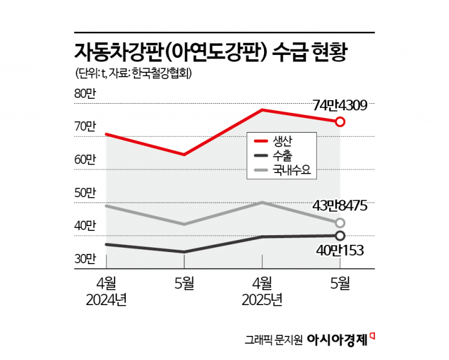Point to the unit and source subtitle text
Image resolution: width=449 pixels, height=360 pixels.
(x=137, y=74)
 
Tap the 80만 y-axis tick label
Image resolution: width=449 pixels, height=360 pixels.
(x=85, y=94)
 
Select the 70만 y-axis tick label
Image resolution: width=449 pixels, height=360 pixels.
(x=85, y=127)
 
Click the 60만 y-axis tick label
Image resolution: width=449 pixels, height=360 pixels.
(x=85, y=160)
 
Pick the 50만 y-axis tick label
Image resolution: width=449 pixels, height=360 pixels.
(x=85, y=193)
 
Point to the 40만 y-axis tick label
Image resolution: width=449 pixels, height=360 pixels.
(x=85, y=226)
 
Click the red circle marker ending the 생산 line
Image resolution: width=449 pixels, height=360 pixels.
(x=340, y=122)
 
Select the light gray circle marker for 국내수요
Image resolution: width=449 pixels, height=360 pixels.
(x=340, y=223)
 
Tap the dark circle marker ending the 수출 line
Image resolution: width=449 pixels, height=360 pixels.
(x=340, y=235)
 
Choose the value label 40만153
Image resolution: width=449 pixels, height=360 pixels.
(x=339, y=250)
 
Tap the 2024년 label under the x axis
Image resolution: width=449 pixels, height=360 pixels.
(x=106, y=300)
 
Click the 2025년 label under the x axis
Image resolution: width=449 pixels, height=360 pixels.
(x=262, y=300)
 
